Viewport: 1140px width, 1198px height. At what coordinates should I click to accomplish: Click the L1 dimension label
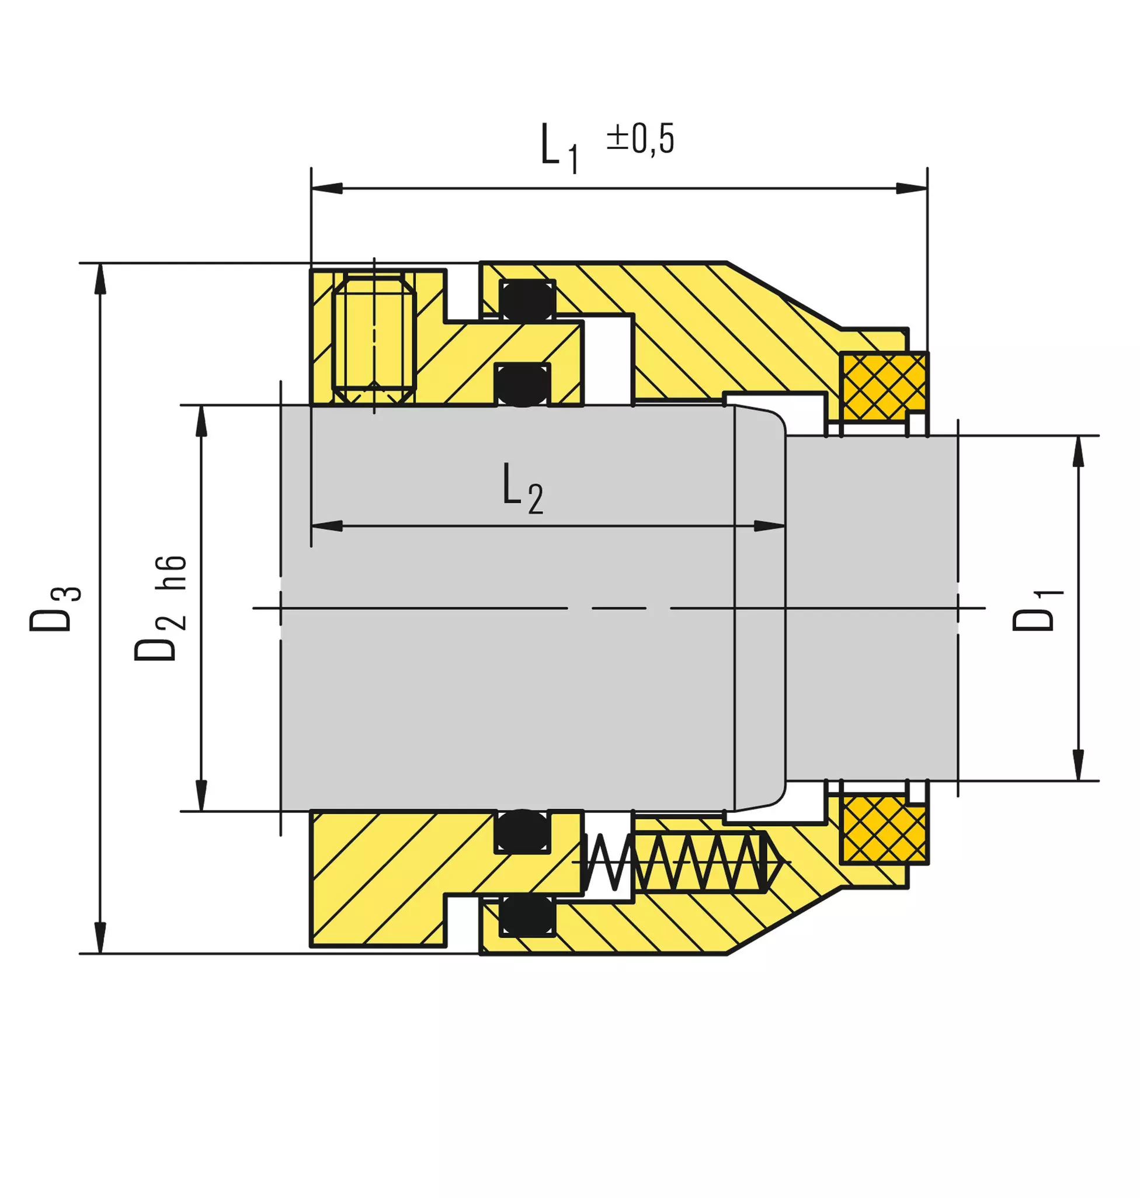pyautogui.click(x=559, y=148)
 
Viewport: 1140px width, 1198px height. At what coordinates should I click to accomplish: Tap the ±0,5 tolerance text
pyautogui.click(x=641, y=139)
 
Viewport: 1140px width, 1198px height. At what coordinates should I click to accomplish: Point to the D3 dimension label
pyautogui.click(x=55, y=609)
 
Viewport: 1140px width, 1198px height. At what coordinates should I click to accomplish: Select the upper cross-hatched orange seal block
pyautogui.click(x=884, y=387)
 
